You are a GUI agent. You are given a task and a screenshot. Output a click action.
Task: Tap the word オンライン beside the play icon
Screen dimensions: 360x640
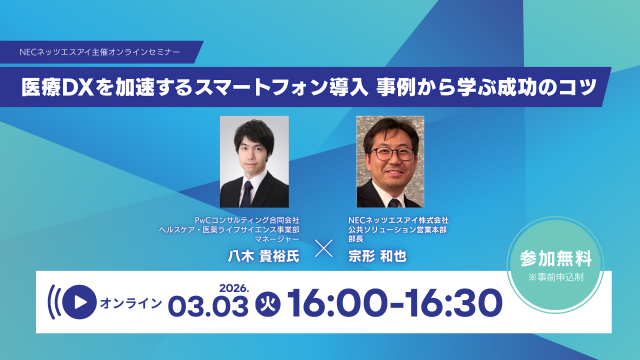131,303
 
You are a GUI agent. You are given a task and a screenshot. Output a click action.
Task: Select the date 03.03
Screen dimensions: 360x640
208,305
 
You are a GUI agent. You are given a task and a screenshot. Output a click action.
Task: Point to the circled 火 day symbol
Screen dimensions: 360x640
268,303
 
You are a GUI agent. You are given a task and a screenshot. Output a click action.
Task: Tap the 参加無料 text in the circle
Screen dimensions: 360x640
555,259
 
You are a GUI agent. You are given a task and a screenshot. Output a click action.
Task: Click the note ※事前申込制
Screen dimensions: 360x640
555,277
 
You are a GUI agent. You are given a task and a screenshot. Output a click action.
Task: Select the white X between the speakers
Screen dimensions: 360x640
323,248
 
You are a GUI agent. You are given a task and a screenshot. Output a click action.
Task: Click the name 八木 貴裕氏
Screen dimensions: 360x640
263,256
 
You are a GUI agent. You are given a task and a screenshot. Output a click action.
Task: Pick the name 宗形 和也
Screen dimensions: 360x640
377,256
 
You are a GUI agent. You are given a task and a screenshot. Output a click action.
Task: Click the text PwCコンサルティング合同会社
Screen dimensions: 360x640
247,220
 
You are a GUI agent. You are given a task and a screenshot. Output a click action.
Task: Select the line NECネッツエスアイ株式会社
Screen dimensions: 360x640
398,220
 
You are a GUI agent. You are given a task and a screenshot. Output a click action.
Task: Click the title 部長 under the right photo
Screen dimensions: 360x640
356,239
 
